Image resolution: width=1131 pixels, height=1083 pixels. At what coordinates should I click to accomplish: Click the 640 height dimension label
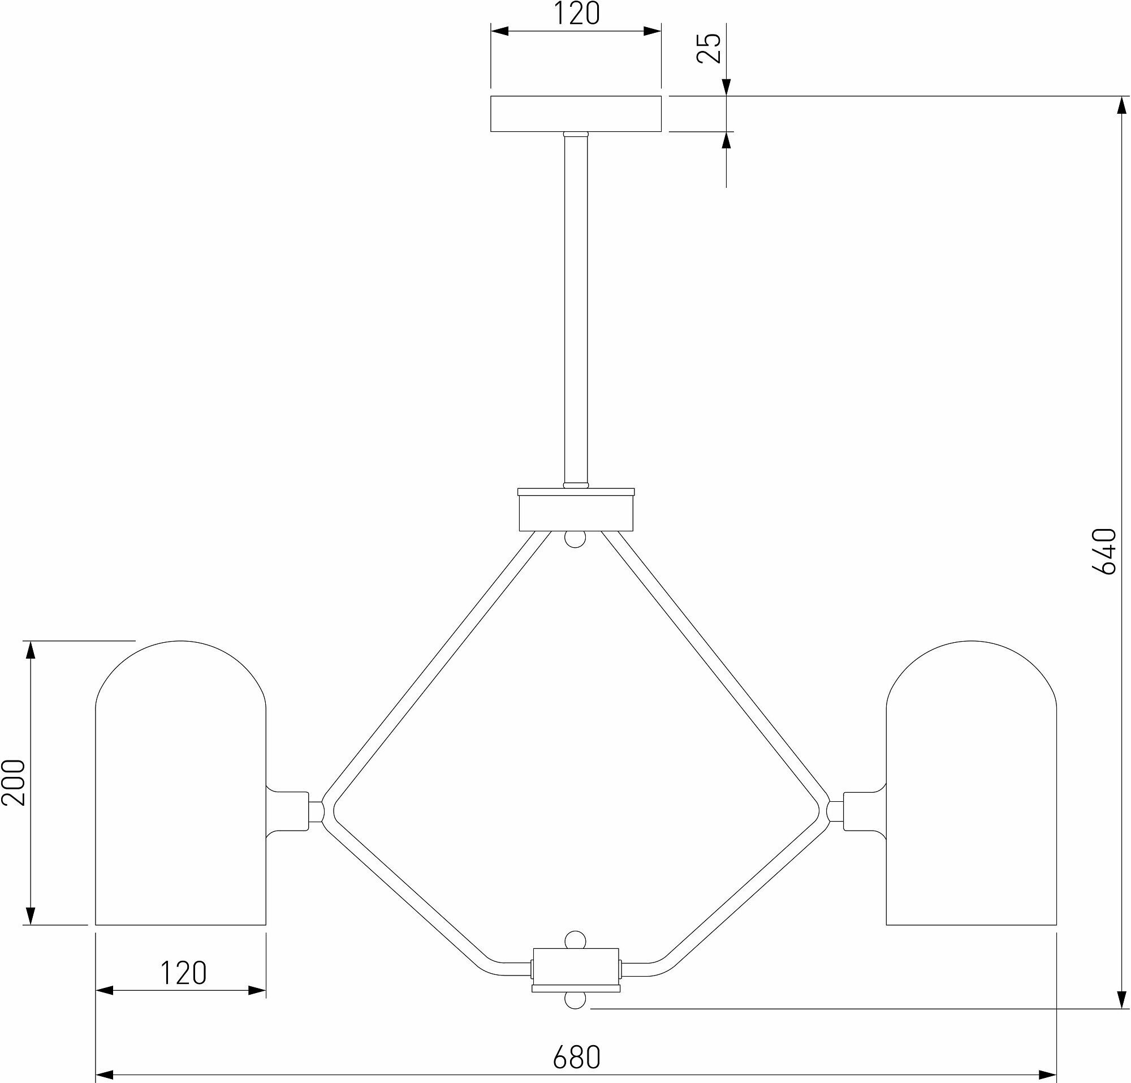tap(1104, 551)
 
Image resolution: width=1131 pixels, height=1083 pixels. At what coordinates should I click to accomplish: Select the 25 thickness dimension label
tap(709, 48)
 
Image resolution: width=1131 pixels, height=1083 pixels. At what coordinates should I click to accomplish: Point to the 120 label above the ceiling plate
tap(576, 15)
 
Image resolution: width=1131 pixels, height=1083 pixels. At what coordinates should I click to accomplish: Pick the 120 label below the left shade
tap(182, 973)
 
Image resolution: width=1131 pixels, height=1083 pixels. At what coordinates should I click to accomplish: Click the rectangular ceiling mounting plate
tap(575, 114)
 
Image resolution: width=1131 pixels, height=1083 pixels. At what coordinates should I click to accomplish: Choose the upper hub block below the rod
tap(576, 510)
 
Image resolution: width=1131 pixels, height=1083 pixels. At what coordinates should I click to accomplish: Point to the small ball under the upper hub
tap(575, 539)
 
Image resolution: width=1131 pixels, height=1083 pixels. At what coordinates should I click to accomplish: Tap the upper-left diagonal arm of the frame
tap(439, 664)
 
